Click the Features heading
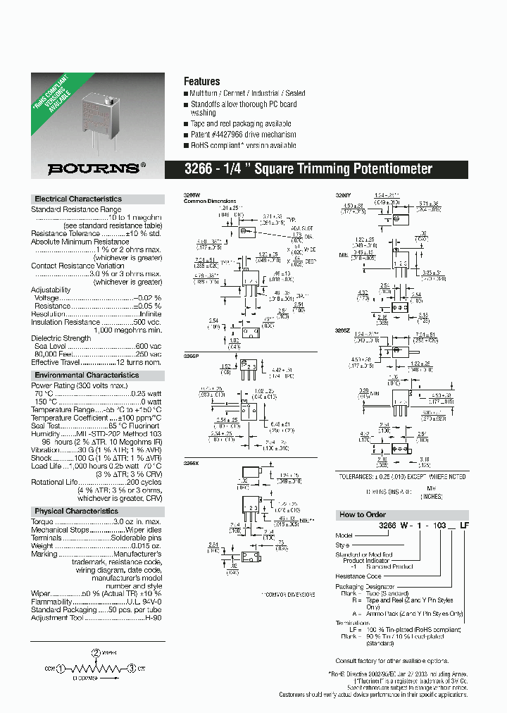(x=201, y=82)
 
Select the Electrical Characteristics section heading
(x=78, y=199)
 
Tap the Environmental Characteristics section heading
(x=87, y=376)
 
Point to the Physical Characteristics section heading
(x=77, y=512)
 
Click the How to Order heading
(x=361, y=515)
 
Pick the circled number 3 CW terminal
(x=131, y=669)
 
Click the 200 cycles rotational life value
(x=144, y=482)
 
